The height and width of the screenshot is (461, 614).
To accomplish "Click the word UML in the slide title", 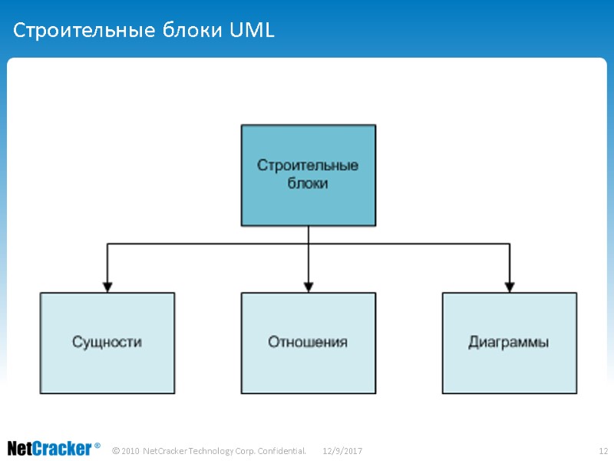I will pyautogui.click(x=251, y=32).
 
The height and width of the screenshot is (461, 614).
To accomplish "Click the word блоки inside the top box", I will pyautogui.click(x=308, y=184).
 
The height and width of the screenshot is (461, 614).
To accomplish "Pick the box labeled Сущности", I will pyautogui.click(x=107, y=343).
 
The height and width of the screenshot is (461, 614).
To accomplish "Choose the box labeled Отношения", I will pyautogui.click(x=309, y=343).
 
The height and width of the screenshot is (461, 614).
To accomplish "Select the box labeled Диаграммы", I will pyautogui.click(x=510, y=343).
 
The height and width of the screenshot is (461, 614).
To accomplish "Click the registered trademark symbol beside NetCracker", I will pyautogui.click(x=97, y=446).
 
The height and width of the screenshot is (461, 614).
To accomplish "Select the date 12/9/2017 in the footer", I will pyautogui.click(x=342, y=450).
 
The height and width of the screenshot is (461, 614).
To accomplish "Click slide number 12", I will pyautogui.click(x=602, y=450).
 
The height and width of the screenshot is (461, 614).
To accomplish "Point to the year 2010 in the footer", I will pyautogui.click(x=130, y=450).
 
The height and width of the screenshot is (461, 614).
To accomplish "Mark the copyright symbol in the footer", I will pyautogui.click(x=116, y=450).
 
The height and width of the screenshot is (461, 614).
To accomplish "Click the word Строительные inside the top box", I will pyautogui.click(x=308, y=166).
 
